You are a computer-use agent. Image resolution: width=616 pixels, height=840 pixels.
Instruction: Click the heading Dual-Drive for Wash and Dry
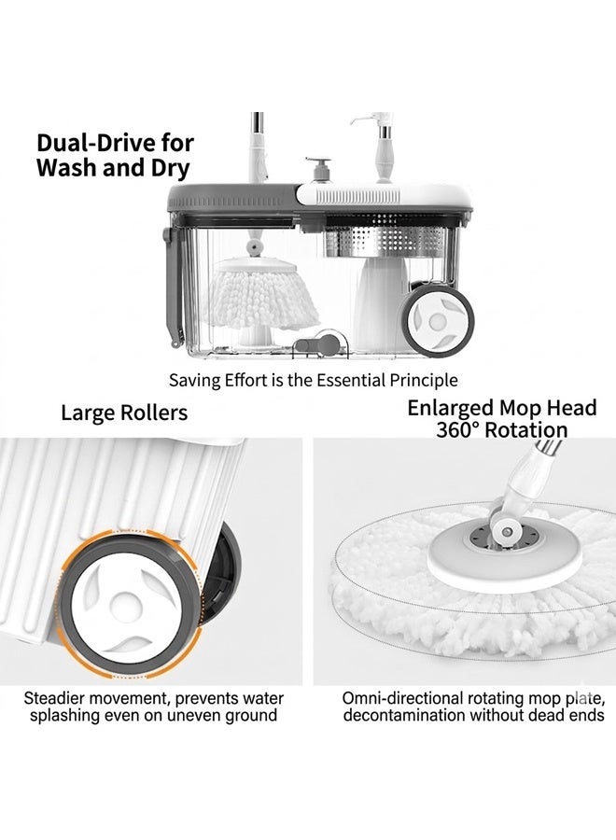[115, 155]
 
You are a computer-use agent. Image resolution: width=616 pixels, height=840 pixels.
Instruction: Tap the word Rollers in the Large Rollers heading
[154, 413]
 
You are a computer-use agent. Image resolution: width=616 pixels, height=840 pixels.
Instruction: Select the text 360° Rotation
[502, 430]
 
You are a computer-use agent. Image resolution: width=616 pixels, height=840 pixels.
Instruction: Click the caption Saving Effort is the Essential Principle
[314, 381]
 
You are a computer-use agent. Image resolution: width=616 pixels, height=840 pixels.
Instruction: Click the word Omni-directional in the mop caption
[403, 698]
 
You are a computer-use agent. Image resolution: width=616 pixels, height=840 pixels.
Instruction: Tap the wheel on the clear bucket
[438, 320]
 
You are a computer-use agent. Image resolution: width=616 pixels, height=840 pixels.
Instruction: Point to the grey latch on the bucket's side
[172, 287]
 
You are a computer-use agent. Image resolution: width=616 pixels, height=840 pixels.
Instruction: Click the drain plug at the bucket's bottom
[320, 343]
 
